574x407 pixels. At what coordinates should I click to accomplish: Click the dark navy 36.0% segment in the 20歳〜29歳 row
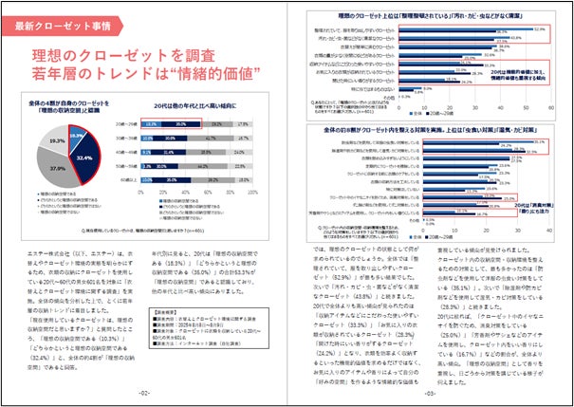click(180, 124)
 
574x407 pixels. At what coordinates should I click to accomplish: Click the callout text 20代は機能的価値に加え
click(521, 72)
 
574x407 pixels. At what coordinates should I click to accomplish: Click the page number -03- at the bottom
click(429, 393)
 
